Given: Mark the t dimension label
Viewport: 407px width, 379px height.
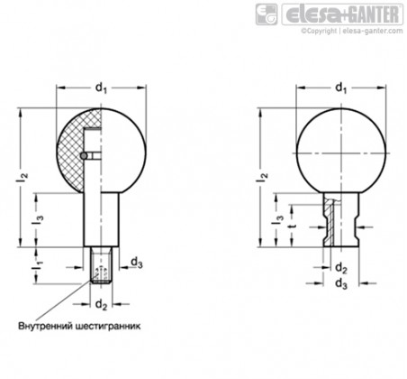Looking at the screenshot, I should pyautogui.click(x=291, y=227).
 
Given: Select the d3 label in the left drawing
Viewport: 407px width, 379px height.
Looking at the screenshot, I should pyautogui.click(x=135, y=263).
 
